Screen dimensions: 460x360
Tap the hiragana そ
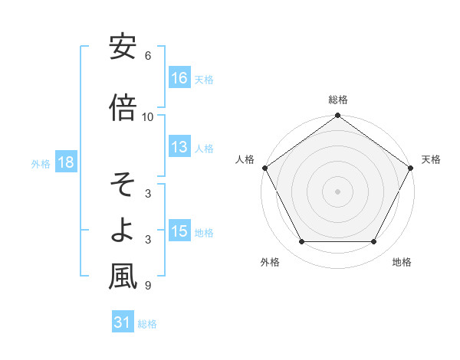tap(123, 185)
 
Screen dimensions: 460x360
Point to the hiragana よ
tap(123, 231)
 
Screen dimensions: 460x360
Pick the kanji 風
tap(123, 277)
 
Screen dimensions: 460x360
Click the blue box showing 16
tap(180, 78)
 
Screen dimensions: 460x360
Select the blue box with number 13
tap(180, 148)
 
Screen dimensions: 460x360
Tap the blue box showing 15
tap(180, 232)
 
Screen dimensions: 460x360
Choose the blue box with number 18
tap(65, 163)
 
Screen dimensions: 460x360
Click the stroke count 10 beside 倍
tap(148, 117)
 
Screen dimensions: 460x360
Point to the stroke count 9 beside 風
tap(147, 286)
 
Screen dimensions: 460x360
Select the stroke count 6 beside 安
tap(147, 56)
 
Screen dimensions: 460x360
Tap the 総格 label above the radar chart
tap(338, 100)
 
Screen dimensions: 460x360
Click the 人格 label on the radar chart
tap(245, 159)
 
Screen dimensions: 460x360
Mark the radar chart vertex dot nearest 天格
tap(412, 168)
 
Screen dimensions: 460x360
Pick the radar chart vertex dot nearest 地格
tap(374, 242)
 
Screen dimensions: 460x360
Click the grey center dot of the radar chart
tap(338, 191)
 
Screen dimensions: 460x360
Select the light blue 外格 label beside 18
tap(41, 164)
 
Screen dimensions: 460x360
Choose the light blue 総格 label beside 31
tap(147, 324)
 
